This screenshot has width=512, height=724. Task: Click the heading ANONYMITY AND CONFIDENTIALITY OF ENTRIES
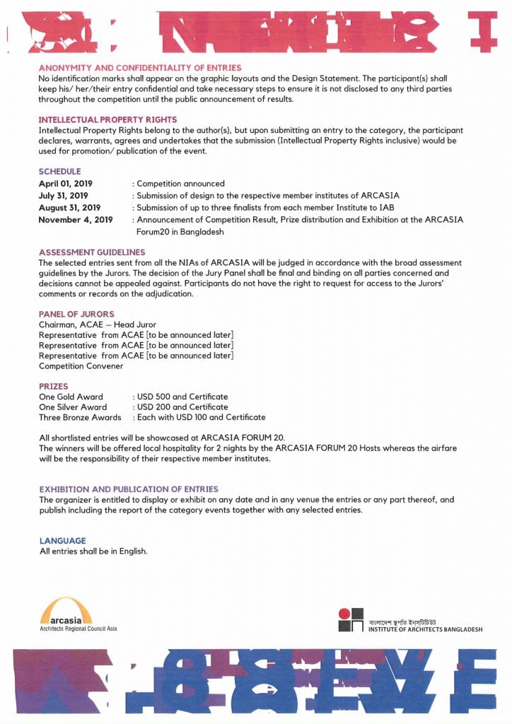[x=140, y=68]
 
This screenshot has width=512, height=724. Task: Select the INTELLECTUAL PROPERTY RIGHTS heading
[x=107, y=119]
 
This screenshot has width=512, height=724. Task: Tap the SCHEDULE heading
[x=60, y=171]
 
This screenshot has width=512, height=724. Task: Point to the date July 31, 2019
[x=63, y=196]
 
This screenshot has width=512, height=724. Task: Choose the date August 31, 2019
[x=69, y=208]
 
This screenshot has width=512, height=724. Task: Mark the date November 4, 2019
[x=76, y=220]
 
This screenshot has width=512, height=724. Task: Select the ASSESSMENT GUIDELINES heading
[x=92, y=252]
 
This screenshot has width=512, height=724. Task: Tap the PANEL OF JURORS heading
[x=76, y=314]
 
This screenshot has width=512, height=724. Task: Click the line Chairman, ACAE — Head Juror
[x=98, y=325]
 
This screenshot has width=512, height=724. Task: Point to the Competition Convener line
[x=81, y=366]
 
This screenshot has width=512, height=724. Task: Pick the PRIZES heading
[x=54, y=387]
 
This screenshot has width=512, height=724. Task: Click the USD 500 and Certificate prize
[x=182, y=397]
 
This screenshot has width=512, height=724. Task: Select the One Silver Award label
[x=73, y=407]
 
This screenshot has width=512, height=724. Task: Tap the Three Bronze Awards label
[x=80, y=418]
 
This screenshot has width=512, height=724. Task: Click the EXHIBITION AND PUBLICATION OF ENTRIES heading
[x=129, y=489]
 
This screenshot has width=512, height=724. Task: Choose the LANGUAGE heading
[x=62, y=541]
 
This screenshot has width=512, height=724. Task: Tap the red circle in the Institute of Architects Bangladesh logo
[x=344, y=613]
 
